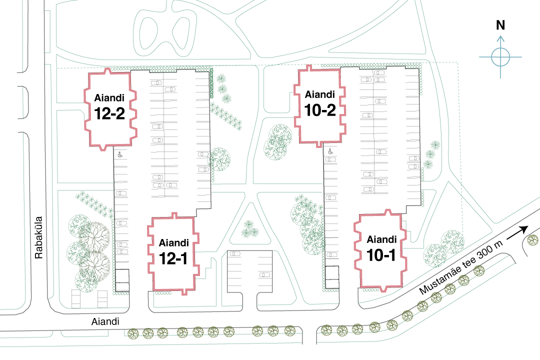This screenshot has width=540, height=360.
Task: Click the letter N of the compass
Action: [500, 25]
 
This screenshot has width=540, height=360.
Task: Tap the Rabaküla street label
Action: [38, 237]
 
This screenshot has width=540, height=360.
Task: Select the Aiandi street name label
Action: [105, 321]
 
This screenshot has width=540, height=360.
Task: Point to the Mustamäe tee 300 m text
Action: [461, 267]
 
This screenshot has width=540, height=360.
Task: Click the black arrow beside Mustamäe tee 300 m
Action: [517, 234]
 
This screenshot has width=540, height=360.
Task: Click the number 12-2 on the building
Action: [109, 113]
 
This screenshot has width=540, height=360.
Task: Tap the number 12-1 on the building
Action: [173, 258]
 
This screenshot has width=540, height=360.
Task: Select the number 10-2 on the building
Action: [320, 110]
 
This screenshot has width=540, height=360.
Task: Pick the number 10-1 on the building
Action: [381, 255]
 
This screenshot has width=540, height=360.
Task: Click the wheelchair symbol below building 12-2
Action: [120, 154]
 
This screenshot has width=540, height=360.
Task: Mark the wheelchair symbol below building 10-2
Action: [330, 151]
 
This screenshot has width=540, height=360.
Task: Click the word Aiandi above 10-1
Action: [381, 239]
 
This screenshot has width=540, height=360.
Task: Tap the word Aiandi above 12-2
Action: [109, 98]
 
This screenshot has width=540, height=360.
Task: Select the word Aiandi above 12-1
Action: [174, 243]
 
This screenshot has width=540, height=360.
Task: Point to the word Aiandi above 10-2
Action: [320, 94]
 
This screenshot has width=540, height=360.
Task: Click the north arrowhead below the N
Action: [500, 38]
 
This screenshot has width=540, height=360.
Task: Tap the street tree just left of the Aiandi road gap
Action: [290, 330]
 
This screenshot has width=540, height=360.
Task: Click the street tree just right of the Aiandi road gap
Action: [326, 330]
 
